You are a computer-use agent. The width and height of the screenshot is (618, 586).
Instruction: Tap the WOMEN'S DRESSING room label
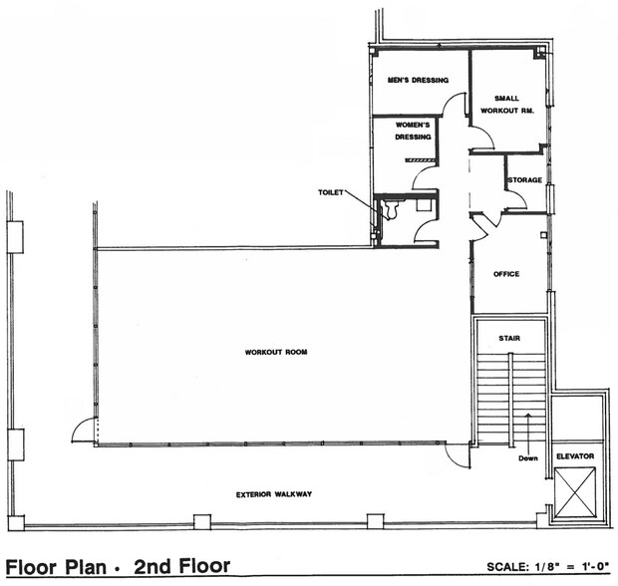pyautogui.click(x=413, y=131)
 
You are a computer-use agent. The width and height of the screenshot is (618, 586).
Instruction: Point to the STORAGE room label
pyautogui.click(x=524, y=180)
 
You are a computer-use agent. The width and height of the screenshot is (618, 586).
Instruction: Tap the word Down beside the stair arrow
pyautogui.click(x=528, y=459)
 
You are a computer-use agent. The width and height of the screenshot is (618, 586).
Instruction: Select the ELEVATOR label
pyautogui.click(x=575, y=455)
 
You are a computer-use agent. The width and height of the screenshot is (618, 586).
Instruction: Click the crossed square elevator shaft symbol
pyautogui.click(x=574, y=492)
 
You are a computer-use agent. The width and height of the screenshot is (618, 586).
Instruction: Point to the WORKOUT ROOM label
pyautogui.click(x=275, y=352)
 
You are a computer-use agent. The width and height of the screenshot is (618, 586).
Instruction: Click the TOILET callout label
pyautogui.click(x=331, y=191)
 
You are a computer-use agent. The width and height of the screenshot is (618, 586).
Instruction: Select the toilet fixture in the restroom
pyautogui.click(x=391, y=209)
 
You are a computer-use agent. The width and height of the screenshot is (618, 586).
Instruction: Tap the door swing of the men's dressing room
pyautogui.click(x=456, y=106)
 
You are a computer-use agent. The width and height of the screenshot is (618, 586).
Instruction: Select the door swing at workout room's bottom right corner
pyautogui.click(x=457, y=454)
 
